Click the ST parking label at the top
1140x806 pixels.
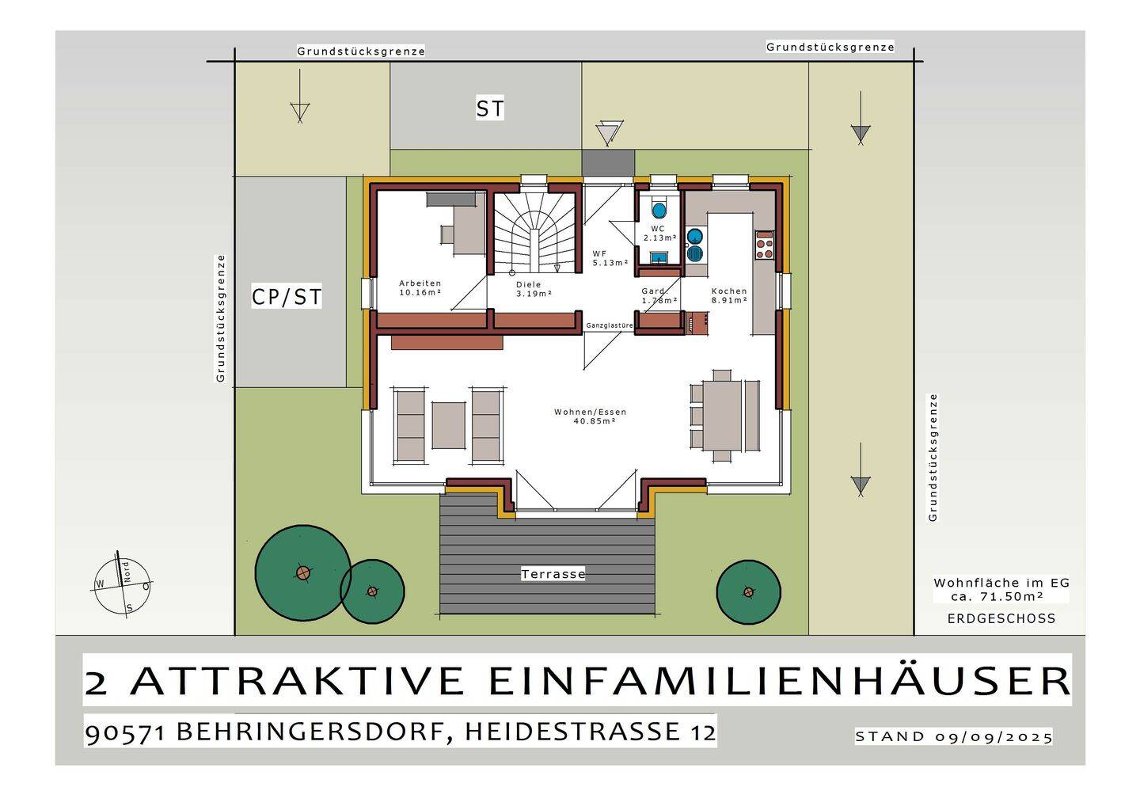pyautogui.click(x=489, y=108)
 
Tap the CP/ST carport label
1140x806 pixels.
pyautogui.click(x=286, y=297)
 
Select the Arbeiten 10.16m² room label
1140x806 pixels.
pyautogui.click(x=420, y=287)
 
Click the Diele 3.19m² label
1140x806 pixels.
pyautogui.click(x=533, y=288)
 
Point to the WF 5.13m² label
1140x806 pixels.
pyautogui.click(x=610, y=258)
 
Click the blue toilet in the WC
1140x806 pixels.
pyautogui.click(x=659, y=211)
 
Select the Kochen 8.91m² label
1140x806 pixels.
pyautogui.click(x=728, y=295)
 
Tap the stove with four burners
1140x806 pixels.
pyautogui.click(x=764, y=245)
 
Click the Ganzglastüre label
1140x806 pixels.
pyautogui.click(x=609, y=325)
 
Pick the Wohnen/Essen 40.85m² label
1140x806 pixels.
pyautogui.click(x=590, y=416)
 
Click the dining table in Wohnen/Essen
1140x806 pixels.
pyautogui.click(x=722, y=416)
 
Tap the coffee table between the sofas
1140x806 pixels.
pyautogui.click(x=448, y=424)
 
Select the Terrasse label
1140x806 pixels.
pyautogui.click(x=553, y=574)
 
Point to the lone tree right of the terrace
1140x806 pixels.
pyautogui.click(x=748, y=591)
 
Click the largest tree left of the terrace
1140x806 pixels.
pyautogui.click(x=302, y=572)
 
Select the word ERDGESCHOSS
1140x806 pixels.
pyautogui.click(x=1001, y=618)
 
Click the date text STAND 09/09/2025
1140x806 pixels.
pyautogui.click(x=953, y=736)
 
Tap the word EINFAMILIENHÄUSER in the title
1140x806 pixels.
pyautogui.click(x=779, y=681)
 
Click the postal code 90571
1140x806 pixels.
pyautogui.click(x=125, y=732)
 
